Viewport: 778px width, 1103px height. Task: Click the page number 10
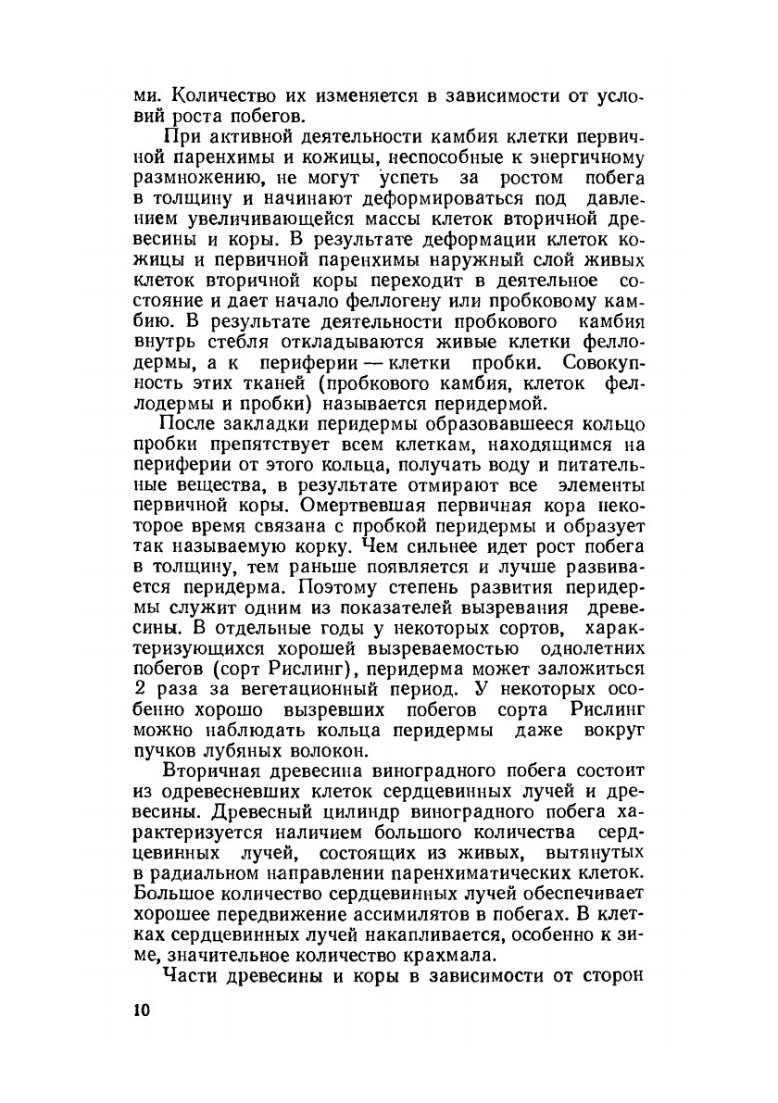point(141,1010)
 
